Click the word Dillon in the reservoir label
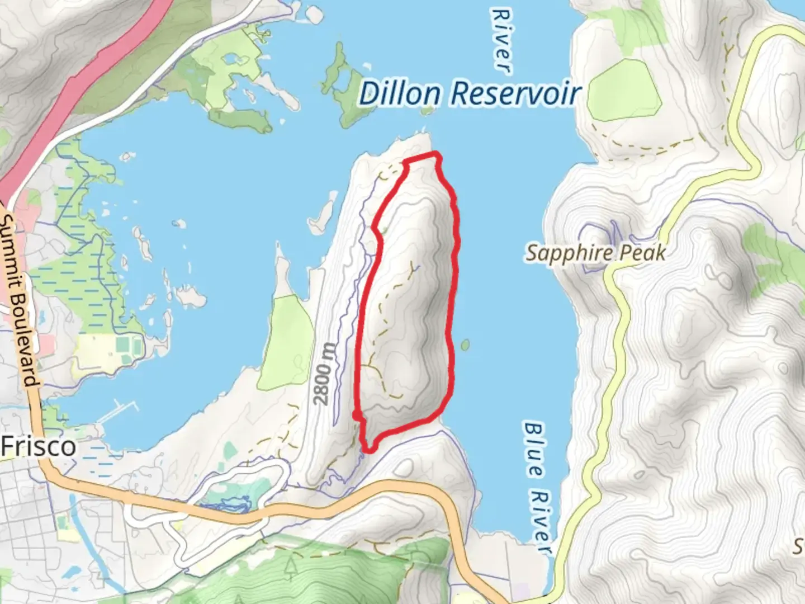click(399, 93)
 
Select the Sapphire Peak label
click(596, 253)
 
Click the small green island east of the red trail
click(465, 345)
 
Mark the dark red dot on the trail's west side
click(356, 414)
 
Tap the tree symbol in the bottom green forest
click(290, 568)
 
